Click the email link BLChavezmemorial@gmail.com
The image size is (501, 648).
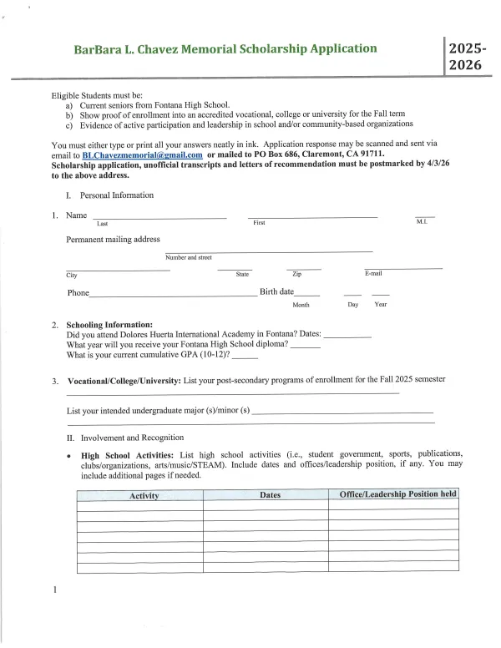pos(143,155)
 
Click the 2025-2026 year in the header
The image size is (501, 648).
pos(464,57)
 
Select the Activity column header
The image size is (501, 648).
pos(144,495)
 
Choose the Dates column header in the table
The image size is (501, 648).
pos(270,495)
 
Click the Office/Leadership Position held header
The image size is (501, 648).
pos(397,494)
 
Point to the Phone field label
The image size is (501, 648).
pos(78,293)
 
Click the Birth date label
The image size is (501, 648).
pos(276,292)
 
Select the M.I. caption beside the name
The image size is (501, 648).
pos(421,223)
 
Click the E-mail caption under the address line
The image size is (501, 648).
pos(373,274)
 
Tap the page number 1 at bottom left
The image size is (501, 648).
pos(54,592)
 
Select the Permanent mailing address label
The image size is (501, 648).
pos(113,240)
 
